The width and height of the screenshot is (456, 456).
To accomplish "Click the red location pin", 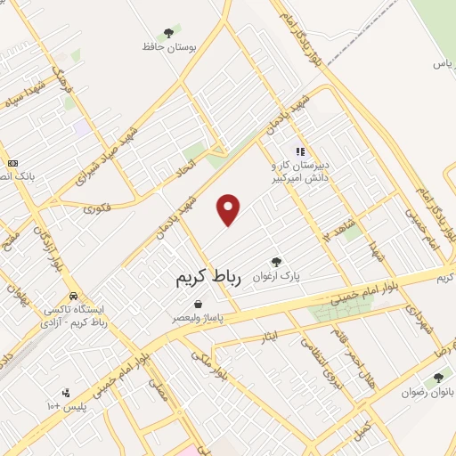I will [x=229, y=209].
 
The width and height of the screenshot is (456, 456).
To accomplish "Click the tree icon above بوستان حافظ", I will [x=169, y=32].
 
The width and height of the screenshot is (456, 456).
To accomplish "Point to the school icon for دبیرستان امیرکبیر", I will [x=299, y=151].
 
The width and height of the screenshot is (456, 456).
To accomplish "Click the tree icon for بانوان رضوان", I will [x=437, y=377].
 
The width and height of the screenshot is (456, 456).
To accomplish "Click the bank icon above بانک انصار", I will [x=13, y=164].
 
